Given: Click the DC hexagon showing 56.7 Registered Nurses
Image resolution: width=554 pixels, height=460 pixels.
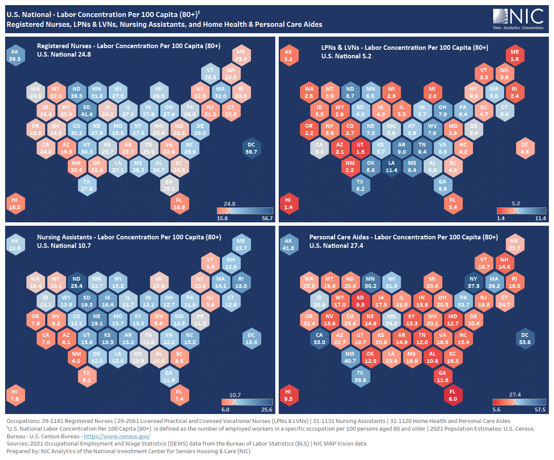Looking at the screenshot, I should click(x=251, y=148).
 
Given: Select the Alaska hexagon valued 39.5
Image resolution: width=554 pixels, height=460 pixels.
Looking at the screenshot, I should click(x=15, y=55).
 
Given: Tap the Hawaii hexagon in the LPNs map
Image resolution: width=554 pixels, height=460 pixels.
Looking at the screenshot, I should click(x=289, y=204).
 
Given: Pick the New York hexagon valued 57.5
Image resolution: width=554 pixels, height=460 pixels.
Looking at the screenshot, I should click(x=473, y=282).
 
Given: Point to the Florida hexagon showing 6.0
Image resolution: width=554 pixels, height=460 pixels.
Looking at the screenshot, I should click(x=453, y=395).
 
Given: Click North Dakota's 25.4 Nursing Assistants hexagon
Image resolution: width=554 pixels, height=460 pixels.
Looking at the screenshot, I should click(x=77, y=282).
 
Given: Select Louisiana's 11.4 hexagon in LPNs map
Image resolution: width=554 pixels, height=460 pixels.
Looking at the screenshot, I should click(x=391, y=167).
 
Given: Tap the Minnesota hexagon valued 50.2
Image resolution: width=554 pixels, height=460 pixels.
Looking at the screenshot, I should click(x=371, y=282).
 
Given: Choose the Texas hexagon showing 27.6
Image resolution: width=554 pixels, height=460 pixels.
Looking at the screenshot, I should click(x=87, y=185).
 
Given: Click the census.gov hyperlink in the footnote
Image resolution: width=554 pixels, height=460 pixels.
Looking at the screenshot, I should click(x=117, y=436).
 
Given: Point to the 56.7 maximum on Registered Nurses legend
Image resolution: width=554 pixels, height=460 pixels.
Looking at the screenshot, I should click(x=267, y=218).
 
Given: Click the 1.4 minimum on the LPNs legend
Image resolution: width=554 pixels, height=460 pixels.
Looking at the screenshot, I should click(x=501, y=218).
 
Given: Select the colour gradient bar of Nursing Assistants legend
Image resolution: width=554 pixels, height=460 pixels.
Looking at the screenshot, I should click(x=247, y=402).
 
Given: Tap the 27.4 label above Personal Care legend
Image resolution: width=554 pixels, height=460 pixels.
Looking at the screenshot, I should click(x=515, y=395).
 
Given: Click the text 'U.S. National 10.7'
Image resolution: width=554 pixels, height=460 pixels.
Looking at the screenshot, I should click(x=64, y=246).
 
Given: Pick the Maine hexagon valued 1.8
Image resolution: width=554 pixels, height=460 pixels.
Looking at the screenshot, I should click(x=515, y=55).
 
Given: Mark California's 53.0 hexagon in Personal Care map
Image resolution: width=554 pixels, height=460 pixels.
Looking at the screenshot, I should click(x=320, y=339).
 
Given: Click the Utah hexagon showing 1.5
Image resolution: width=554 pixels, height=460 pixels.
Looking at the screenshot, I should click(x=361, y=148).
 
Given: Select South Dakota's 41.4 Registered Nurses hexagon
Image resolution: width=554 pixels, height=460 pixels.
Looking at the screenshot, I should click(x=87, y=111).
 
